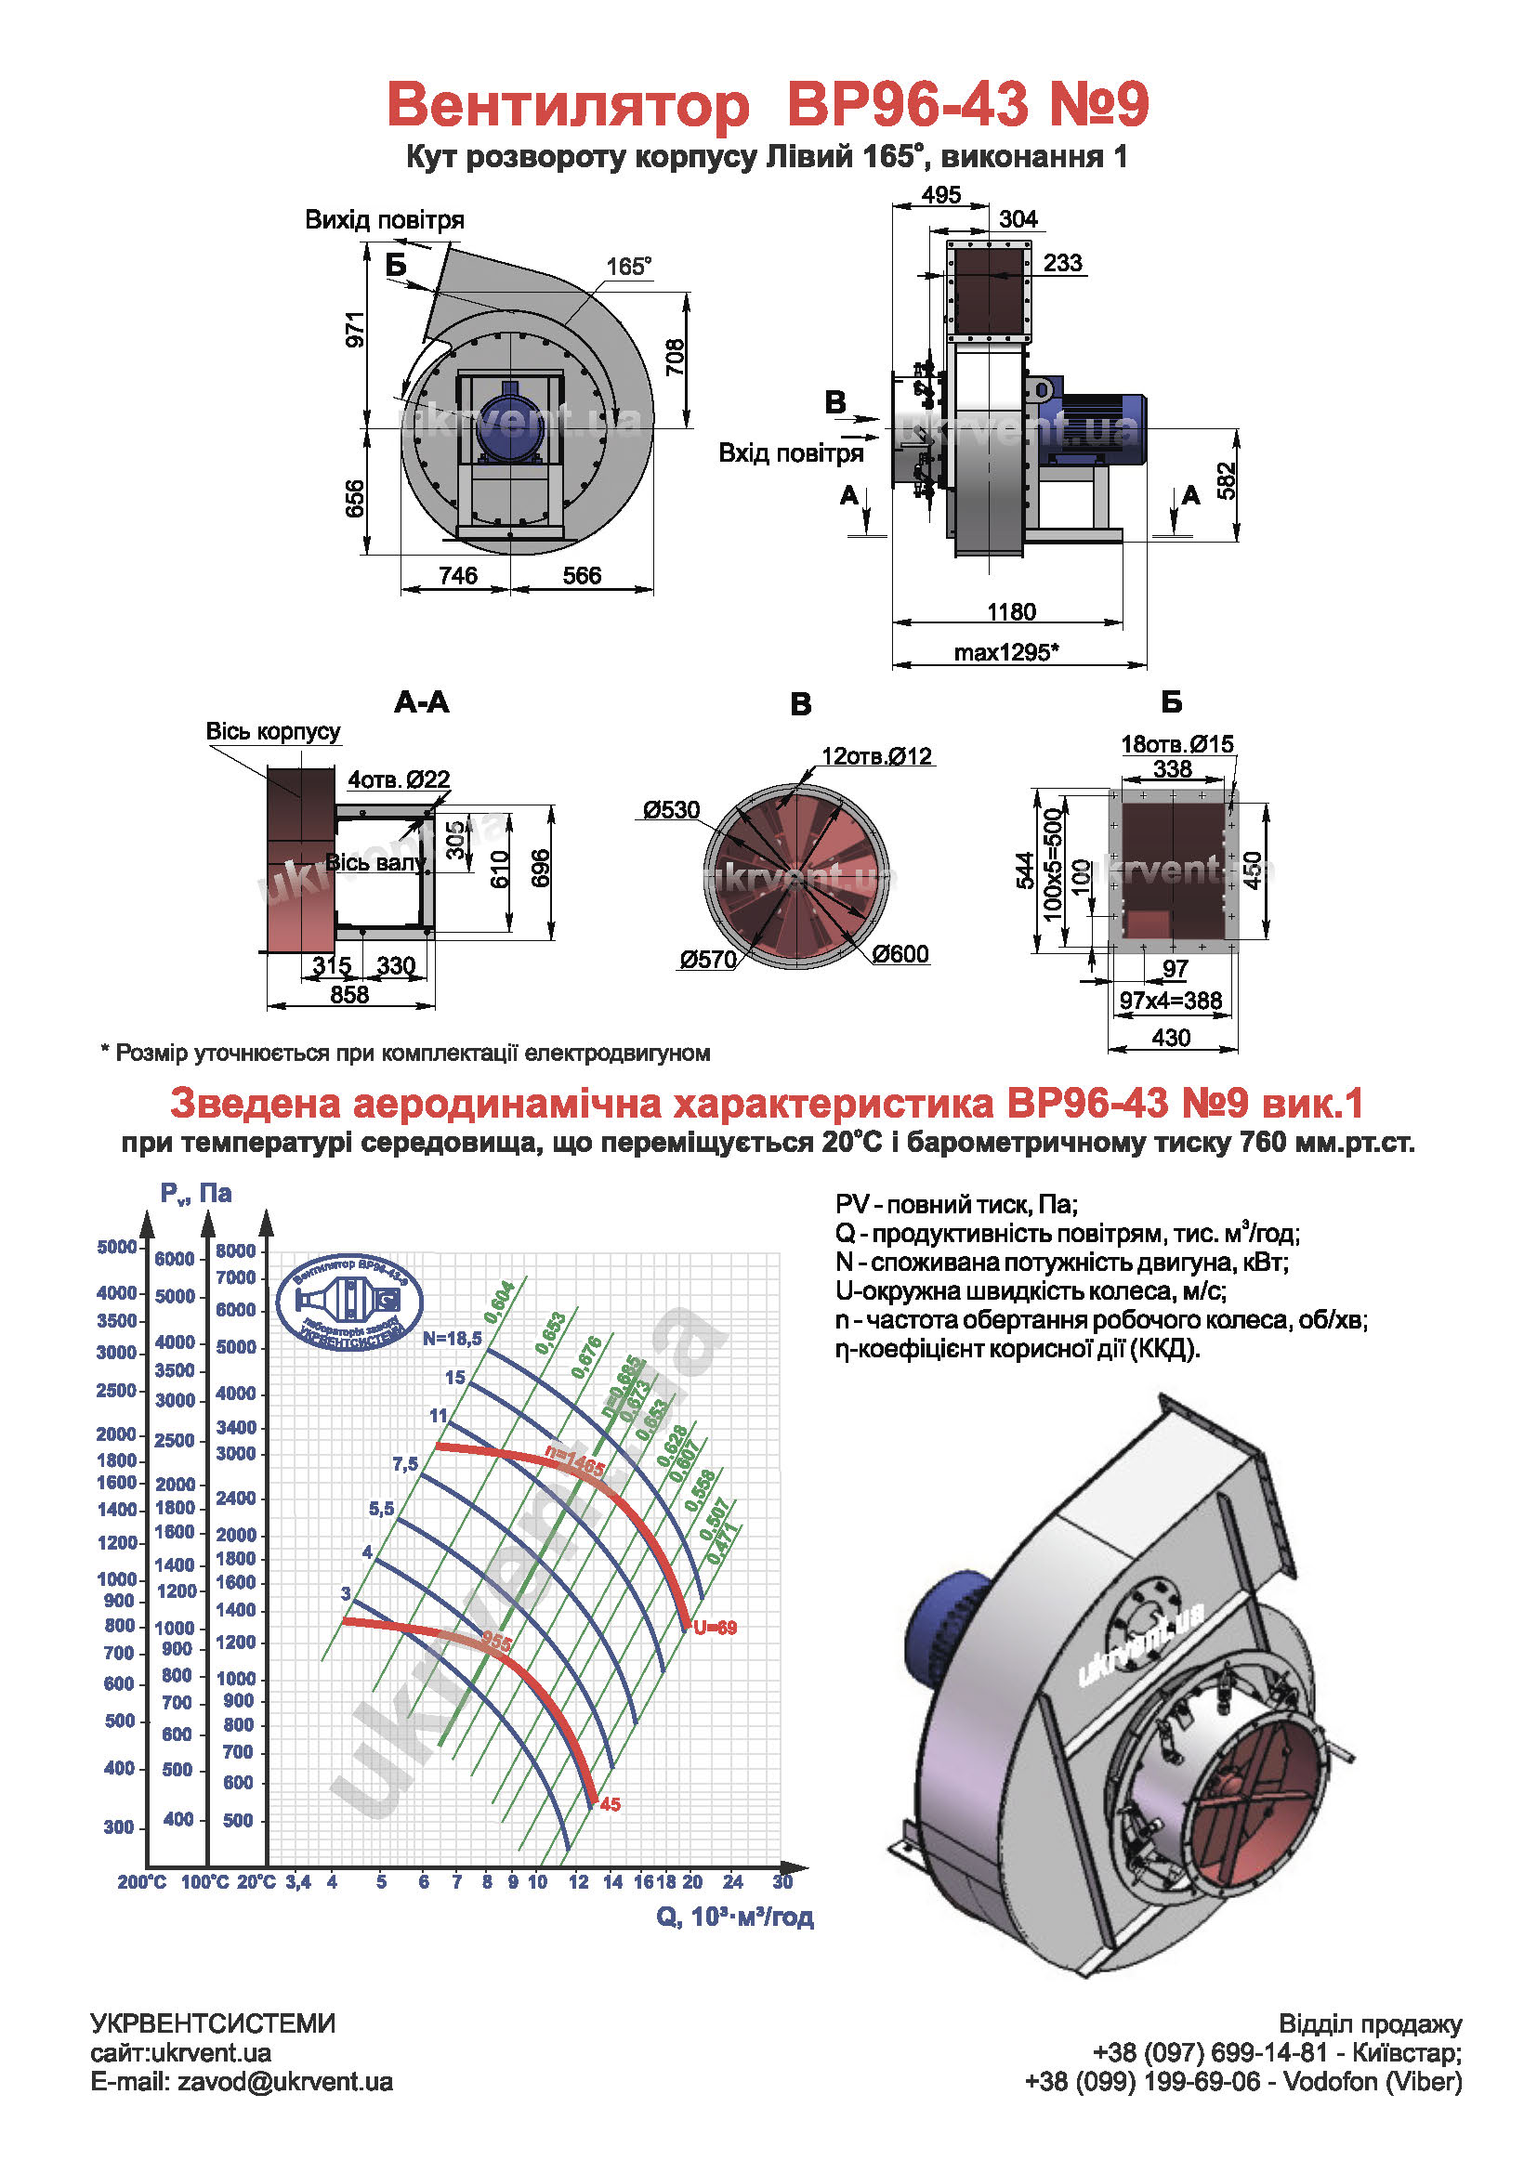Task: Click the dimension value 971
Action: coord(355,330)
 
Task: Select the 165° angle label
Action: coord(628,267)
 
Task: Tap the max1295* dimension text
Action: coord(1006,652)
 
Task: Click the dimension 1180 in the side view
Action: coord(1011,611)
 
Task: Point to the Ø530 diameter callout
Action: coord(671,810)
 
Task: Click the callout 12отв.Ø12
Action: coord(876,756)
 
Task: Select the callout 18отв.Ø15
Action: coord(1177,744)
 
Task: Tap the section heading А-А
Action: coord(422,702)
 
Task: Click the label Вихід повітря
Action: coord(385,220)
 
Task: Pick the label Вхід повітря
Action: coord(791,453)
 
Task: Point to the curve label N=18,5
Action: coord(453,1338)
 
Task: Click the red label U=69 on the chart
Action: coord(715,1628)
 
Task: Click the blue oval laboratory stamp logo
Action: coord(350,1302)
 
